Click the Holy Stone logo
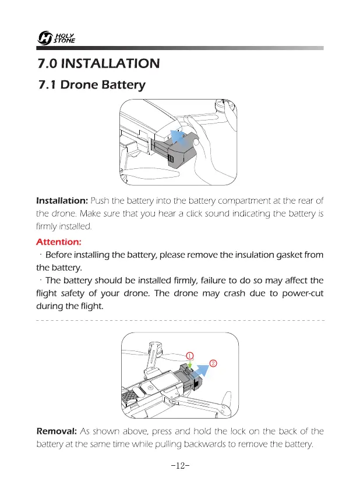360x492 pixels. pyautogui.click(x=54, y=38)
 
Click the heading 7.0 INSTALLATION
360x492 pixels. pyautogui.click(x=97, y=63)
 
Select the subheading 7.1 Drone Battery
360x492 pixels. pyautogui.click(x=91, y=86)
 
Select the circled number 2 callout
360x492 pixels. pyautogui.click(x=213, y=363)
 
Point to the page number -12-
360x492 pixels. pyautogui.click(x=181, y=466)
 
